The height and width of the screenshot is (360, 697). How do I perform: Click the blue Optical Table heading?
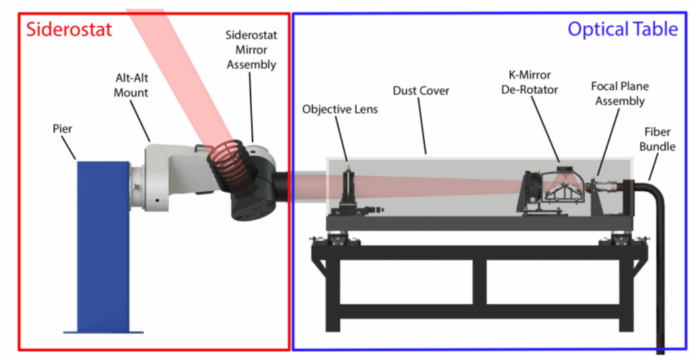tap(622, 29)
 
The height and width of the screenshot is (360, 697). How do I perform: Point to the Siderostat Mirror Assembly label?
tap(251, 49)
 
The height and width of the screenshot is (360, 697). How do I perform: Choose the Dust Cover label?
tap(421, 91)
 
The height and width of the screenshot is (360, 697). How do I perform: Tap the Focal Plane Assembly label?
tap(619, 94)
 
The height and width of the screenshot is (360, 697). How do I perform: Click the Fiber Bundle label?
tap(657, 137)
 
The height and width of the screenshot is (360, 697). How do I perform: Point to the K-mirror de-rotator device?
tap(553, 191)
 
